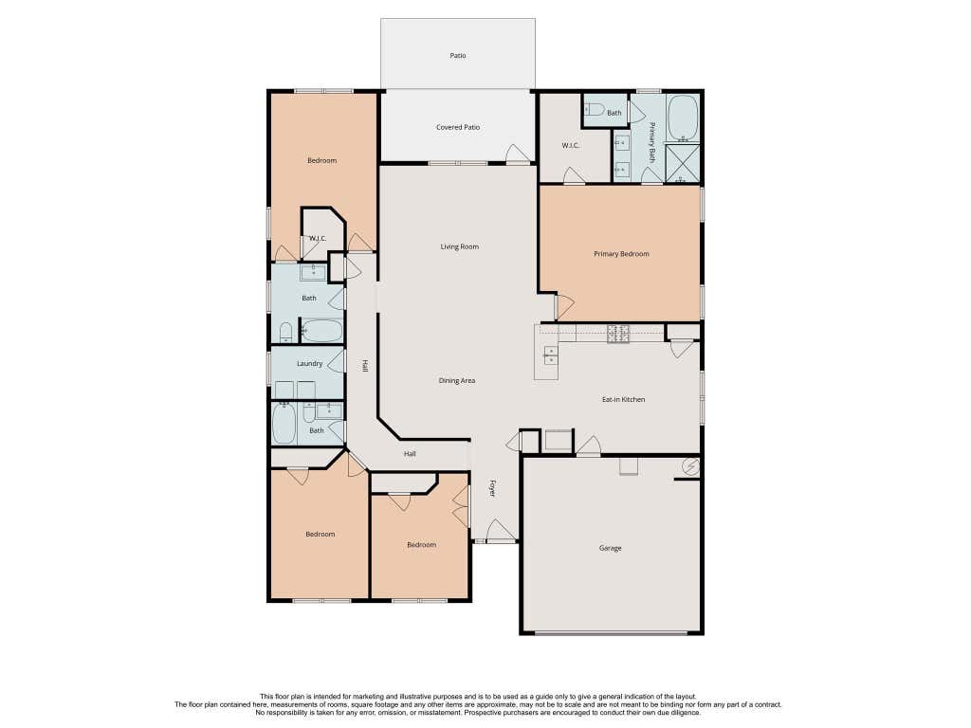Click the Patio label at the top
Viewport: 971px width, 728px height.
[458, 56]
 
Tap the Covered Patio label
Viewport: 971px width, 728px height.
[458, 128]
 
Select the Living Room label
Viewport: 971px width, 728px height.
[460, 247]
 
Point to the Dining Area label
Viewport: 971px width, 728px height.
[457, 381]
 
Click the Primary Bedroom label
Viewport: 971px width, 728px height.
[621, 254]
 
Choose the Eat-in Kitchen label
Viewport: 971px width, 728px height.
[624, 400]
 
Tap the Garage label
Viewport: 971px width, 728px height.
[610, 549]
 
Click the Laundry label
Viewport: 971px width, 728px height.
[310, 364]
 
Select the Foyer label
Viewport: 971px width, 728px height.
[493, 488]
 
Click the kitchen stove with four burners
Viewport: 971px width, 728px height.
[618, 334]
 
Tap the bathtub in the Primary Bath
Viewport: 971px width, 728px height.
[683, 118]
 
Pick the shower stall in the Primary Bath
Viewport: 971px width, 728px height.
[683, 163]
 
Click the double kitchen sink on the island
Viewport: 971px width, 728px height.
[550, 355]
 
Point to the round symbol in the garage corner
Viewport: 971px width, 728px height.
[690, 466]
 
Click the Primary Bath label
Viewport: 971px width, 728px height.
[652, 142]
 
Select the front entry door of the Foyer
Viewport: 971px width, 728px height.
[501, 531]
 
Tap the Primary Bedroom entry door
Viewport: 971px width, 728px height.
[565, 307]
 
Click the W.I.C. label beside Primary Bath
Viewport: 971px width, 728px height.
[570, 146]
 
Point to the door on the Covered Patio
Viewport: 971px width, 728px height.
[519, 155]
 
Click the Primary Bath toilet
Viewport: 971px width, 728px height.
[594, 110]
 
